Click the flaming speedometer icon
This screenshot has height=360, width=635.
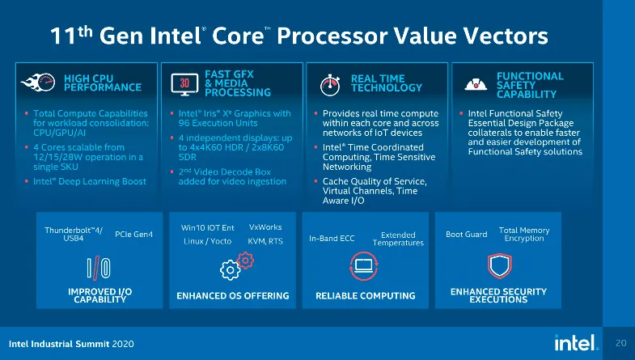click(38, 83)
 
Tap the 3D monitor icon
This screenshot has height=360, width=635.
click(184, 84)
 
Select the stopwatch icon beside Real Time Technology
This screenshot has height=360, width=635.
click(330, 85)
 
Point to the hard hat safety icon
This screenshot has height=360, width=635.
click(476, 84)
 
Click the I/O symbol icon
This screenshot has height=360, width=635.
click(99, 268)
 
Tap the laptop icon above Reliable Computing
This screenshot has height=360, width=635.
click(364, 266)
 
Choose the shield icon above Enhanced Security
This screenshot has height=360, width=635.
click(500, 265)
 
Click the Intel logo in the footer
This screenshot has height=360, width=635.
click(576, 342)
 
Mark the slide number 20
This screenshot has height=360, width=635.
click(620, 343)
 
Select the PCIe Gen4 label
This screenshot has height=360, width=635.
click(133, 234)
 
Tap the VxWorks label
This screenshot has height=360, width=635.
click(265, 227)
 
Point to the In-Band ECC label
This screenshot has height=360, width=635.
click(332, 239)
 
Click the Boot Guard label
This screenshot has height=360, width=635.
click(467, 234)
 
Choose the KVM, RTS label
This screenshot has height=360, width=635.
click(265, 241)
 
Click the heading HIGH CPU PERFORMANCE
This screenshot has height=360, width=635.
click(103, 83)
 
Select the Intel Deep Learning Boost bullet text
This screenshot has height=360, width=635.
click(90, 181)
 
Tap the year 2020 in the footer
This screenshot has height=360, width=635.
click(123, 344)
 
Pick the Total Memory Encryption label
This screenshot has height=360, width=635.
click(524, 234)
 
